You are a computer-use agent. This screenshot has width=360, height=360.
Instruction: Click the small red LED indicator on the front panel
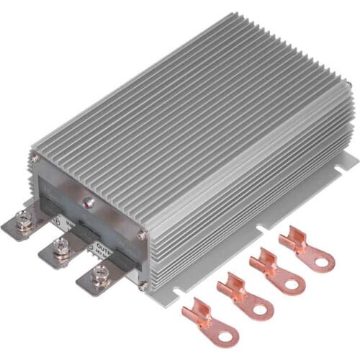click(x=89, y=204)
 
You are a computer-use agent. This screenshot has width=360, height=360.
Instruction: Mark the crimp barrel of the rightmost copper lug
click(x=291, y=237)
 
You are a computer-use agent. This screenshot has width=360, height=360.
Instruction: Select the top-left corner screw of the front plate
click(x=34, y=158)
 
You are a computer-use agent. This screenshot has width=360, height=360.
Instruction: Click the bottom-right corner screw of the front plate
click(x=143, y=286)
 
